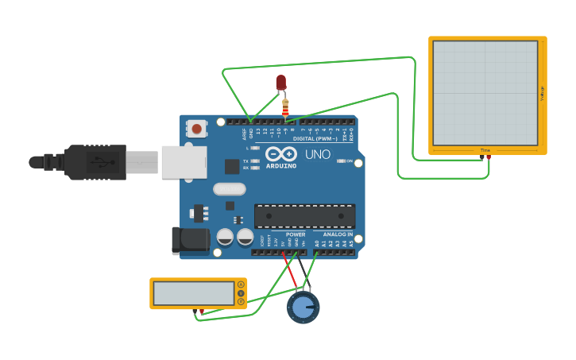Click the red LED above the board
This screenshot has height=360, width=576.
click(280, 82)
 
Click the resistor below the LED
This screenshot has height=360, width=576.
click(285, 106)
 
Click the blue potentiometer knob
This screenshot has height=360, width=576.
click(303, 308)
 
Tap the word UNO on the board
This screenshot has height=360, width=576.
click(318, 154)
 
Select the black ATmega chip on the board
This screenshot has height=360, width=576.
click(304, 215)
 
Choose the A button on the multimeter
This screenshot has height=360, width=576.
click(241, 285)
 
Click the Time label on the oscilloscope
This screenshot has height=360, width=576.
click(485, 150)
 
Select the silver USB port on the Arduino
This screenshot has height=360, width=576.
click(184, 161)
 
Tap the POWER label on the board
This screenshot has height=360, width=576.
click(296, 234)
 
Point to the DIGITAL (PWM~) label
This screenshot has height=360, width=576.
click(315, 138)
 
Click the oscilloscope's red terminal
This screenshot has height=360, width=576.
click(488, 157)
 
